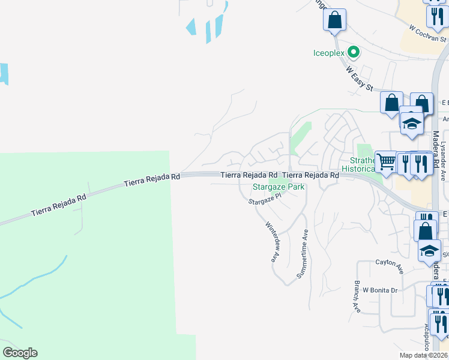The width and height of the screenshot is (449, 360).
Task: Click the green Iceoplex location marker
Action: click(x=354, y=52)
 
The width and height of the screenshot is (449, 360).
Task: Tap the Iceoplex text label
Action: click(x=330, y=53)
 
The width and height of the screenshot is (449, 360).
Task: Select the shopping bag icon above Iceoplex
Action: click(x=335, y=20)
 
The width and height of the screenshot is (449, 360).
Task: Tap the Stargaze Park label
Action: click(x=278, y=187)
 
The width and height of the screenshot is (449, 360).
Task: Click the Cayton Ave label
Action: click(x=390, y=263)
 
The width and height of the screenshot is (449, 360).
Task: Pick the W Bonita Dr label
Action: click(x=380, y=290)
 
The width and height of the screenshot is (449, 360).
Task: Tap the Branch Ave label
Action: click(x=357, y=296)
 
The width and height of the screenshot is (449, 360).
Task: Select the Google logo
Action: click(x=20, y=353)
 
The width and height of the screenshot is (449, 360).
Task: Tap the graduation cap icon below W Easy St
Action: click(x=412, y=124)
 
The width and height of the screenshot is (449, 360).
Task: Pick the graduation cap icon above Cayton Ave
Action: click(x=430, y=251)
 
